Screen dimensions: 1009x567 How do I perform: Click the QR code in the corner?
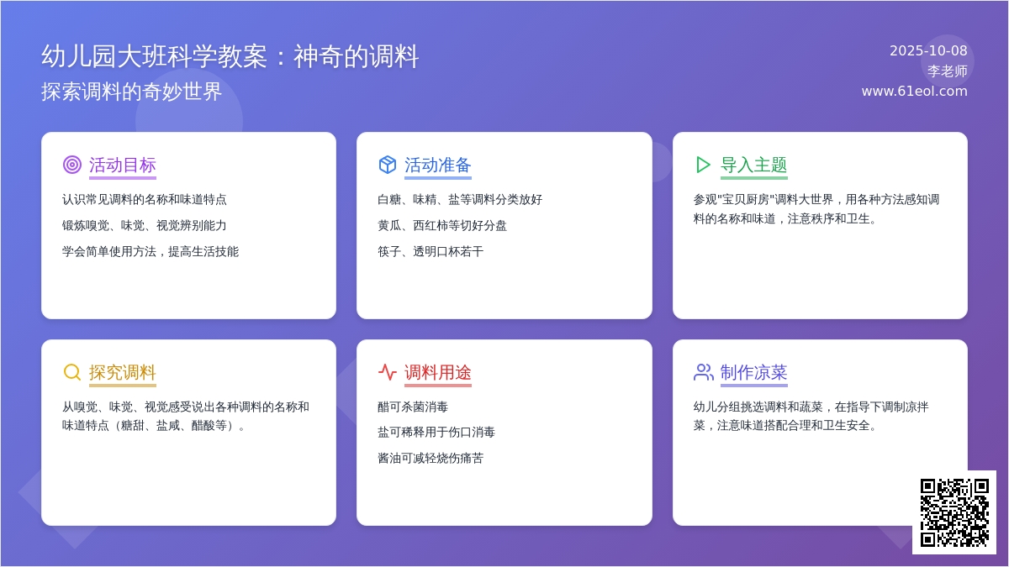(x=954, y=512)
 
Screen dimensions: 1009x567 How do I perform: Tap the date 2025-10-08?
(x=928, y=51)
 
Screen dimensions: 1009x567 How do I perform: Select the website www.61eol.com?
(x=915, y=92)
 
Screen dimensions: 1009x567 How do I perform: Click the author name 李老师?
(x=948, y=71)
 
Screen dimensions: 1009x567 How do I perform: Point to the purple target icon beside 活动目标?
(x=72, y=165)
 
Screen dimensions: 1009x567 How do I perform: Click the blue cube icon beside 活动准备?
(x=388, y=165)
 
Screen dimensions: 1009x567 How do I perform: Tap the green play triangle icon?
(x=703, y=165)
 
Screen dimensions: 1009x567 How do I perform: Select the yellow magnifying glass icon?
(x=72, y=372)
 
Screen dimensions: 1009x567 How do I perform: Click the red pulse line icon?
(x=388, y=372)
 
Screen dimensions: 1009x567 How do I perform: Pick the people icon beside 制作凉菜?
(x=704, y=372)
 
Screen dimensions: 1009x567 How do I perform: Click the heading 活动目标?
(x=123, y=165)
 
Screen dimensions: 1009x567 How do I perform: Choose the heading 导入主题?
(x=754, y=165)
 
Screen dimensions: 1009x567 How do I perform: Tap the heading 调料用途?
(x=438, y=373)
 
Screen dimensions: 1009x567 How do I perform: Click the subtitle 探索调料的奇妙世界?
(x=131, y=92)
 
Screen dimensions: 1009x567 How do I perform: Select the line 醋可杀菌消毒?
(x=413, y=407)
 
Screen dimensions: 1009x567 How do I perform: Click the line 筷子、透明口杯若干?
(x=431, y=251)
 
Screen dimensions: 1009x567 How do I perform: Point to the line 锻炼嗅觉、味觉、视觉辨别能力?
(x=144, y=225)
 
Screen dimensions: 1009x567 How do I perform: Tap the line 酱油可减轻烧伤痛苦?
(x=431, y=458)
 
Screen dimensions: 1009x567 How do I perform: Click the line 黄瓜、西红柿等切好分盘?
(x=442, y=225)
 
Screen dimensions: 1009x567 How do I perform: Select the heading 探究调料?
(x=123, y=373)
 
